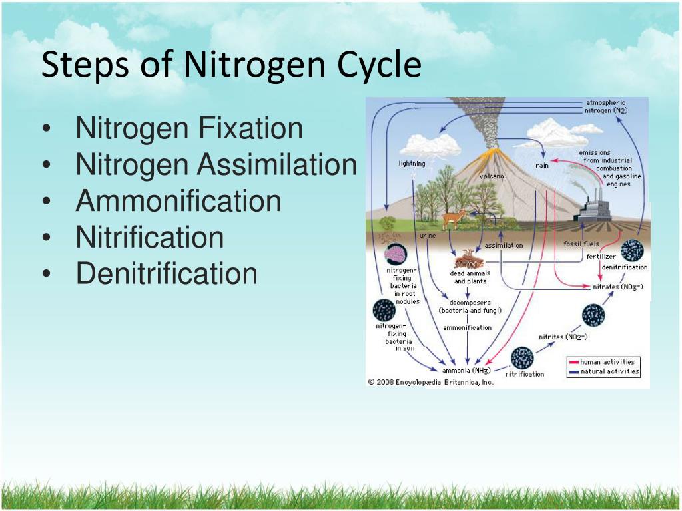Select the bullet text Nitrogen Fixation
(189, 128)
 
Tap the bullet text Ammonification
(178, 200)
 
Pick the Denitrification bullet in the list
(167, 273)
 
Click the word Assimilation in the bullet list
(277, 164)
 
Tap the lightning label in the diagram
(412, 164)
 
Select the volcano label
(492, 176)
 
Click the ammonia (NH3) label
(466, 371)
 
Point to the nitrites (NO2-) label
(563, 337)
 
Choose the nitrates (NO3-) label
(617, 287)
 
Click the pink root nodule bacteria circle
(396, 254)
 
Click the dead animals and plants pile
(469, 259)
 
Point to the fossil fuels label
(581, 244)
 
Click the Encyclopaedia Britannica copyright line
(431, 382)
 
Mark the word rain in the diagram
(542, 166)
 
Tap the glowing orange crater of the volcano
(493, 152)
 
